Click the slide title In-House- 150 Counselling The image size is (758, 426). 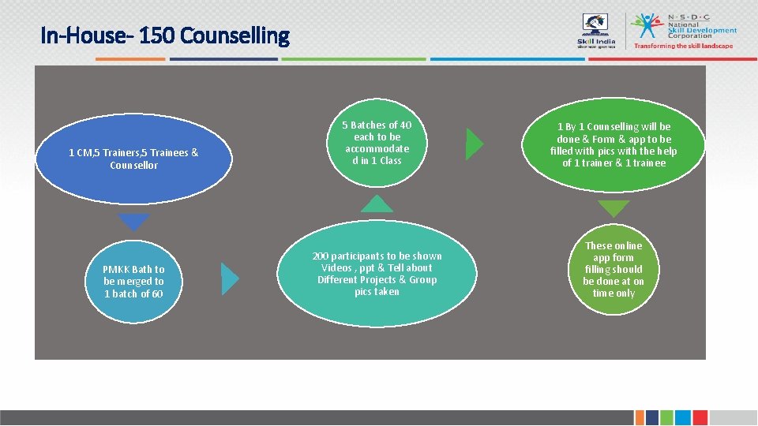click(x=165, y=35)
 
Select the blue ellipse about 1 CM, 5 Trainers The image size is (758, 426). click(x=133, y=159)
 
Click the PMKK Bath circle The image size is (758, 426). click(x=133, y=281)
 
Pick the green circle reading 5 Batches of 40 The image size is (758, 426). click(x=377, y=143)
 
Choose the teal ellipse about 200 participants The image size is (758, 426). click(x=377, y=274)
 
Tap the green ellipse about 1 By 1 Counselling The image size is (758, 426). click(x=614, y=145)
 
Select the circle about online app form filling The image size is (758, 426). click(x=614, y=270)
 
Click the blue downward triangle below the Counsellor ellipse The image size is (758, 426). click(x=133, y=220)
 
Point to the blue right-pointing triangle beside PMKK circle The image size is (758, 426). click(x=228, y=278)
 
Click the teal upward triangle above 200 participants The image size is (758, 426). click(x=377, y=204)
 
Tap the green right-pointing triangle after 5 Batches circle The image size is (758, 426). click(x=474, y=144)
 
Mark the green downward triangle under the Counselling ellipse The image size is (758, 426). click(x=614, y=207)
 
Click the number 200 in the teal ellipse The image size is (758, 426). click(x=321, y=256)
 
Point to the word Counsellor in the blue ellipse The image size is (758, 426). click(x=133, y=166)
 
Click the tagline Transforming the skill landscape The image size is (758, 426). click(x=683, y=46)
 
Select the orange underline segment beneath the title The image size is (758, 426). click(x=130, y=58)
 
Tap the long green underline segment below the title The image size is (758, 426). click(x=353, y=58)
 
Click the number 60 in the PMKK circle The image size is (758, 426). click(x=157, y=293)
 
